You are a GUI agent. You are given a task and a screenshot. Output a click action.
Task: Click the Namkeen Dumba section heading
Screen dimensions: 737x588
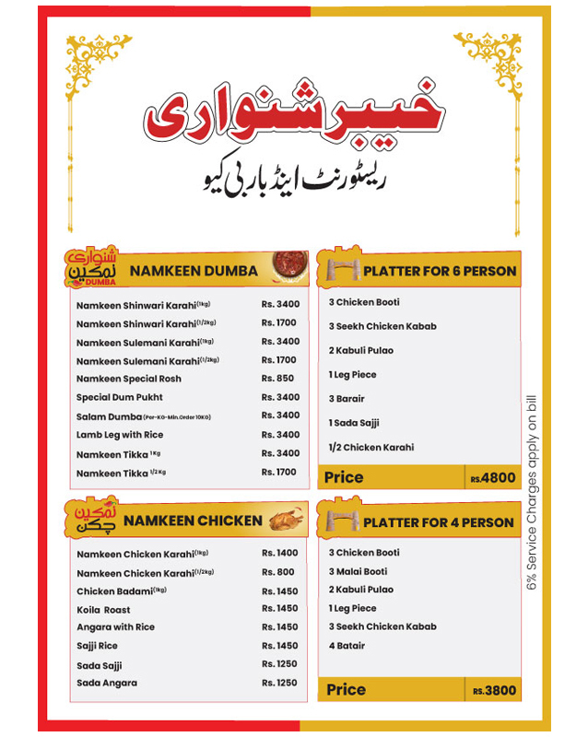[193, 271]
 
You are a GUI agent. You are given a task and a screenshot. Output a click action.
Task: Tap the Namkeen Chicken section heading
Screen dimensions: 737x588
[193, 521]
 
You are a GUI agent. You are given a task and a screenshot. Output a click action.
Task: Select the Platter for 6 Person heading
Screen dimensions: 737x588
[440, 271]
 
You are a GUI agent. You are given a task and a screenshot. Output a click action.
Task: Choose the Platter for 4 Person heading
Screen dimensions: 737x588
[439, 522]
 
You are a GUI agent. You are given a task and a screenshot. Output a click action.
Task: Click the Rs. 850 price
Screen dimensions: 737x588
[278, 379]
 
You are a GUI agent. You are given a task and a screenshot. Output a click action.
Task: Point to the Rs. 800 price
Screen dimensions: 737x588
[278, 572]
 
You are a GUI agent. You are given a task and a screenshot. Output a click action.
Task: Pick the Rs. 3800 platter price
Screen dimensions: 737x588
[495, 690]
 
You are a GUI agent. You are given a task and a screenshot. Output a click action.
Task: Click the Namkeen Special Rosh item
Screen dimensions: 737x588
[129, 379]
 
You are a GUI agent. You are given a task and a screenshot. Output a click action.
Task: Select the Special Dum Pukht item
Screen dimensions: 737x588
[120, 397]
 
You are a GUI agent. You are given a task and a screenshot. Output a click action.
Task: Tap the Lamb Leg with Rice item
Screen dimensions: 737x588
[120, 435]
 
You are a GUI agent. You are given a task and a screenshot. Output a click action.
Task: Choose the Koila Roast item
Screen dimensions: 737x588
[103, 610]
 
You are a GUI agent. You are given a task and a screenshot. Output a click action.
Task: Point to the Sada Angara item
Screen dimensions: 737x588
[107, 683]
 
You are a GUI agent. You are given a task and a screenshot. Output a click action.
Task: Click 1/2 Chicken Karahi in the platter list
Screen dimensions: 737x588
[371, 448]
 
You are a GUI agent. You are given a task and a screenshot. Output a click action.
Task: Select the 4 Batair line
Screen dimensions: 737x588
[347, 646]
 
